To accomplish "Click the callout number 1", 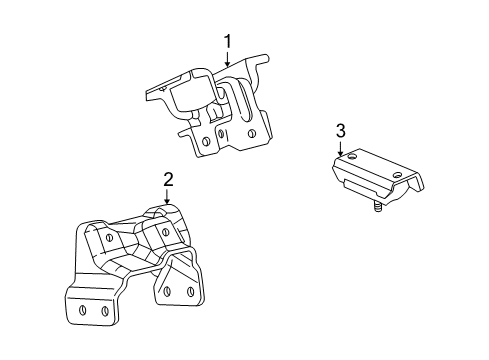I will click(x=228, y=42).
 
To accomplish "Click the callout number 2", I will click(x=168, y=179).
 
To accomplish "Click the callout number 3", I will click(x=340, y=130).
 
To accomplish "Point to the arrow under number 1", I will click(x=228, y=59).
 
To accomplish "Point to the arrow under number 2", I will click(x=168, y=196).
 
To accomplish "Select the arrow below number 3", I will click(x=340, y=147).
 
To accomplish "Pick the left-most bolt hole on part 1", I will click(x=204, y=142).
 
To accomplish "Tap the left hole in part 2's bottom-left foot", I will click(x=80, y=310).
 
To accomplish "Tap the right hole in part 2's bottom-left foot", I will click(x=103, y=310).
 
